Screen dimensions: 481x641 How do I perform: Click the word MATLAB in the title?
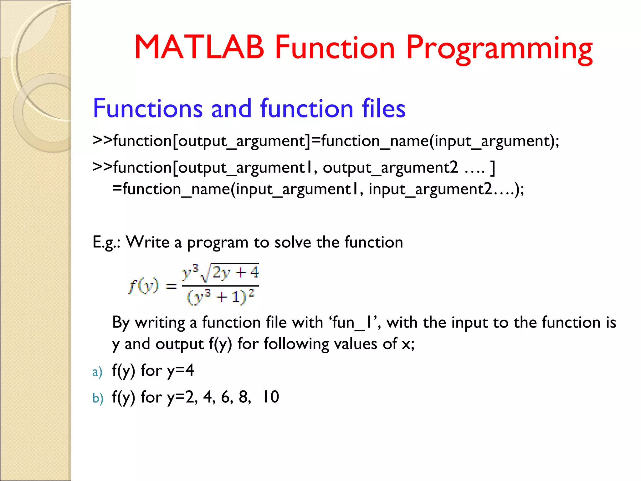pos(199,47)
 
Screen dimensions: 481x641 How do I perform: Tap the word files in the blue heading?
pos(383,108)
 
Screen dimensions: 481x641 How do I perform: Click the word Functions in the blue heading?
pos(148,108)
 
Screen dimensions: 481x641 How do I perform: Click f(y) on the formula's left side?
pos(143,286)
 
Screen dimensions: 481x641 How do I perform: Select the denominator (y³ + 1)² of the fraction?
pos(221,297)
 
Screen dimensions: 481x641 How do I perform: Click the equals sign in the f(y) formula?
pos(171,286)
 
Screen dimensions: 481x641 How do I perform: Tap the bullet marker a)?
pos(97,372)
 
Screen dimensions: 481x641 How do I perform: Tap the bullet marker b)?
pos(98,398)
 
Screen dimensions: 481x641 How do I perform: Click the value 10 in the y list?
pos(270,397)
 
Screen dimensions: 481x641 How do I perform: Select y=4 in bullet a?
pos(181,371)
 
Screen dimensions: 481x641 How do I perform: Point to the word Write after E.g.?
pos(147,242)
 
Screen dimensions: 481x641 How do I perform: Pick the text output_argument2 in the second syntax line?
pos(390,168)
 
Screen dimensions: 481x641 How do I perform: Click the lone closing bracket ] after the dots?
pos(493,168)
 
